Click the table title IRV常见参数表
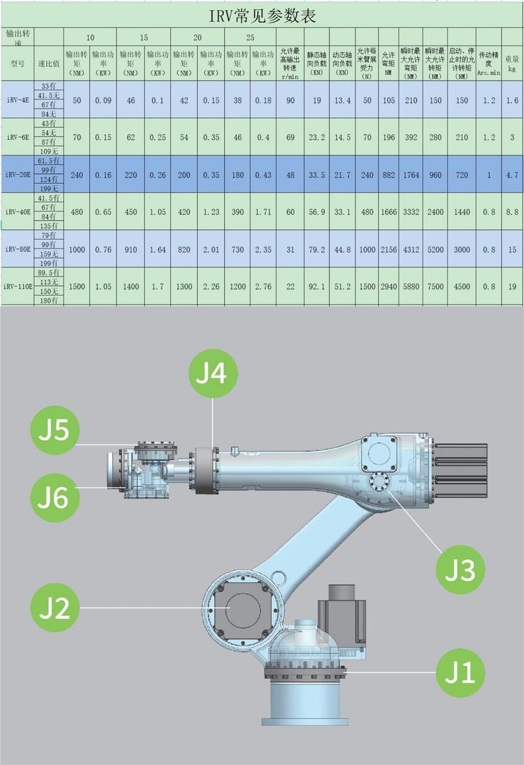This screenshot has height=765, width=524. (263, 16)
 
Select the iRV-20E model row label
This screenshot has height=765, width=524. (17, 175)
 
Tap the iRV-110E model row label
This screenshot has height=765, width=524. (17, 287)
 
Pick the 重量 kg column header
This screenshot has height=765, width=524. (512, 63)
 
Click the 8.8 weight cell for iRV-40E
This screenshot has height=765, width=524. (512, 212)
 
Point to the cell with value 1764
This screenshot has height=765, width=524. (411, 175)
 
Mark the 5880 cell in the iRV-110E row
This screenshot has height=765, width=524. (411, 287)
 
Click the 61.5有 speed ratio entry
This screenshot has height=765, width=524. (48, 161)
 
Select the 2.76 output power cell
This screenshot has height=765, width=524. (263, 287)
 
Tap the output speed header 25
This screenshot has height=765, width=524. (250, 37)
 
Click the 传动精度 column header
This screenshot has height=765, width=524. (489, 63)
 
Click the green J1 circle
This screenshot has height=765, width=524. (461, 672)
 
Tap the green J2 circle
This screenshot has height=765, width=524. (55, 607)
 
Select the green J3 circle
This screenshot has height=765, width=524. (461, 570)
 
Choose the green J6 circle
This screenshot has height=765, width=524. (55, 497)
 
